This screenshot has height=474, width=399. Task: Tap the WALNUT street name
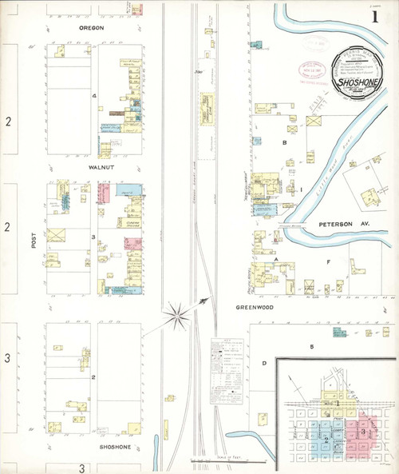(x=95, y=169)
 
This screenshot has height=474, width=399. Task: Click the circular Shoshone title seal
(x=358, y=72)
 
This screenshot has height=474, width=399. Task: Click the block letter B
(x=283, y=142)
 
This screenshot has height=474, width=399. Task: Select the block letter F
(x=327, y=261)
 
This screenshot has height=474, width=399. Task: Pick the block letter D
(x=263, y=363)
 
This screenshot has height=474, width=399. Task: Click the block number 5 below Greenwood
(x=312, y=346)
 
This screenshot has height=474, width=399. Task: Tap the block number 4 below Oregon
(x=94, y=97)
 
